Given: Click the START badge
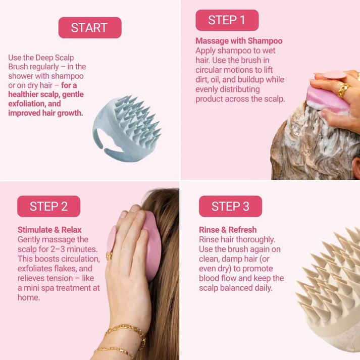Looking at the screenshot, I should tap(90, 28).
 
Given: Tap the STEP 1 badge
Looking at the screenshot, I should tap(227, 20).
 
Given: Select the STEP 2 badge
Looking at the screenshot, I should tap(48, 206).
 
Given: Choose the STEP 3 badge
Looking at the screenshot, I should tap(230, 206).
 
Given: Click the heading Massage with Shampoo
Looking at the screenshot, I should tap(239, 41).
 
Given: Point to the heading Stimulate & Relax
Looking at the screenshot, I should tap(49, 230).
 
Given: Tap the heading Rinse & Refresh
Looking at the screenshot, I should tap(228, 230).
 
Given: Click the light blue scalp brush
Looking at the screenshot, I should tap(126, 124).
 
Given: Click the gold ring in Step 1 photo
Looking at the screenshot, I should tap(343, 90).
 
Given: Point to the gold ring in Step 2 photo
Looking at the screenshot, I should tap(109, 256).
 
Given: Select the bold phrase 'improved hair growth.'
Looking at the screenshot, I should tap(45, 113).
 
